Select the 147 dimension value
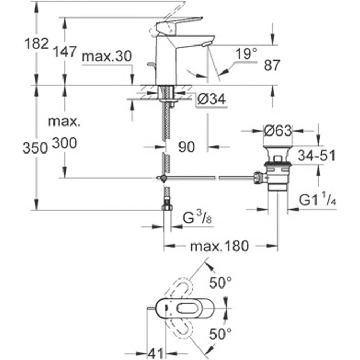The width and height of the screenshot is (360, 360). [65, 51]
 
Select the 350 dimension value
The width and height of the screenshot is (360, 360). [37, 149]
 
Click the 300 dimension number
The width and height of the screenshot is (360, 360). [65, 142]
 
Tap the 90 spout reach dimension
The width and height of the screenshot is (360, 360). [186, 147]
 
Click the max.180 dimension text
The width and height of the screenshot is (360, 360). [220, 246]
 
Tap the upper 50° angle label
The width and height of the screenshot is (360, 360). [220, 283]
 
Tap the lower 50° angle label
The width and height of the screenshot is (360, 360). [220, 334]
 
